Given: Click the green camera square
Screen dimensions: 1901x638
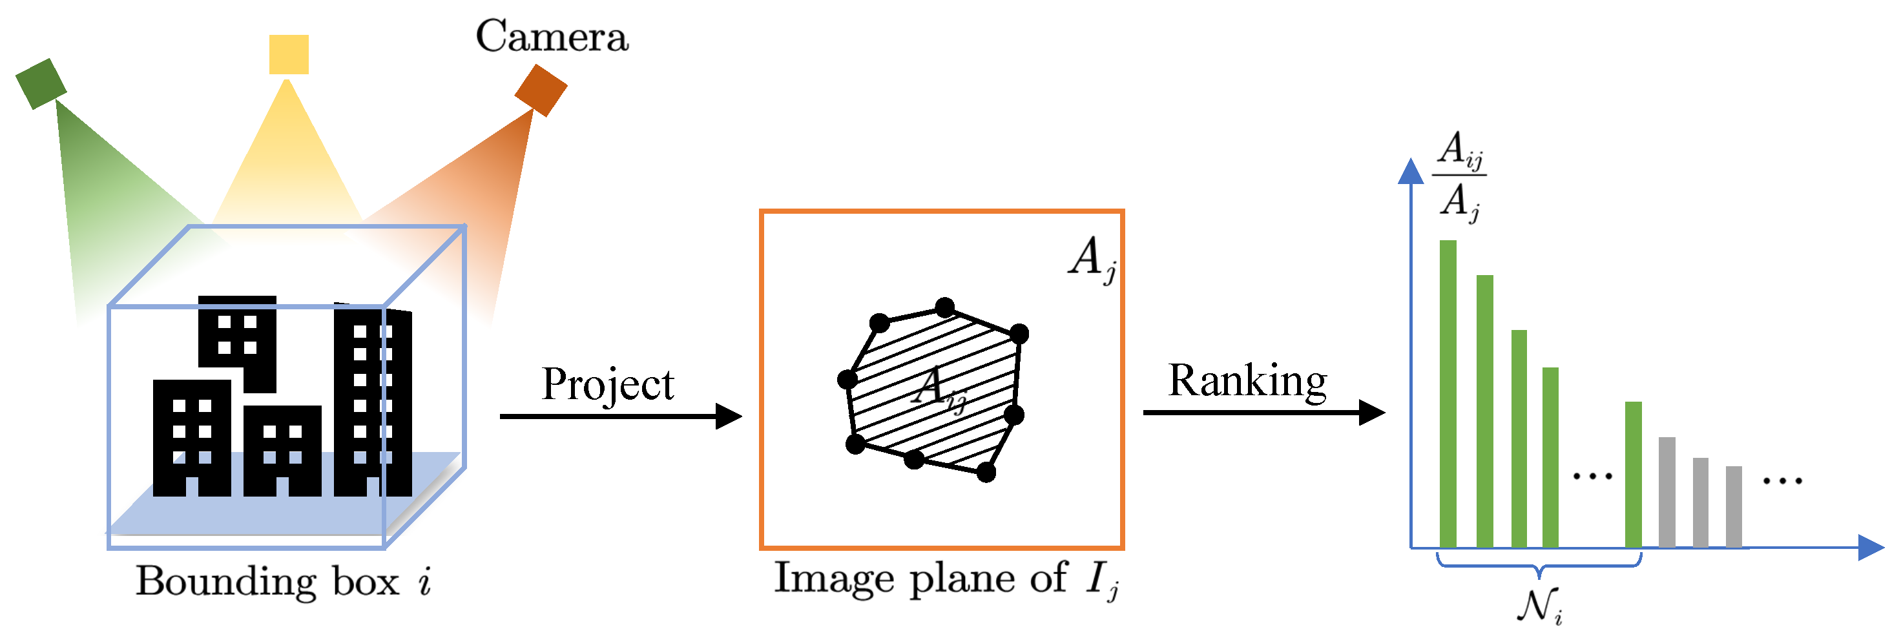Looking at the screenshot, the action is tap(41, 83).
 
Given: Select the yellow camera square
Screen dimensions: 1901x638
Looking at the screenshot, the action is tap(289, 54).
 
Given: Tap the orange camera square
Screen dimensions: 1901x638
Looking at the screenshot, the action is tap(541, 90).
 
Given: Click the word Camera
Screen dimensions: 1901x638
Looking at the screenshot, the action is tap(552, 36).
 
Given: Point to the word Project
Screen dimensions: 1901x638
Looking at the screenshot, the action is tap(607, 384).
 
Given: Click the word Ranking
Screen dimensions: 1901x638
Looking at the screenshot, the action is tap(1247, 382).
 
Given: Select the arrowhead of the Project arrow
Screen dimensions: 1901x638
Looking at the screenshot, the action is tap(729, 416).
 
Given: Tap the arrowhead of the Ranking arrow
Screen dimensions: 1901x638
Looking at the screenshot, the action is tap(1372, 412).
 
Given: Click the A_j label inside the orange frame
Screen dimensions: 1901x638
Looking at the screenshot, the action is tap(1092, 259).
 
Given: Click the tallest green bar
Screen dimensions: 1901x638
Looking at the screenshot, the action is tap(1448, 394).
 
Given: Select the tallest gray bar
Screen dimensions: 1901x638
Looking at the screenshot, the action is tap(1667, 492).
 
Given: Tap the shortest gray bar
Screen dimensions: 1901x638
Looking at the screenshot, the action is tap(1734, 507).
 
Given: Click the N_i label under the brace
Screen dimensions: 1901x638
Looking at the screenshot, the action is tap(1539, 606).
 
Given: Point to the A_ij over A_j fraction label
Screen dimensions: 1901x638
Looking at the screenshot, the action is tap(1460, 176).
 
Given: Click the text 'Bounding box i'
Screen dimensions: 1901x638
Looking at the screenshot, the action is tap(284, 582).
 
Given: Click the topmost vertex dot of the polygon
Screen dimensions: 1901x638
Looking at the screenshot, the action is tap(944, 307).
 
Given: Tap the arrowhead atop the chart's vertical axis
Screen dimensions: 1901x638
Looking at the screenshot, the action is tap(1411, 171).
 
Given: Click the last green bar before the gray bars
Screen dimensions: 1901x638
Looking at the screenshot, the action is tap(1633, 474).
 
